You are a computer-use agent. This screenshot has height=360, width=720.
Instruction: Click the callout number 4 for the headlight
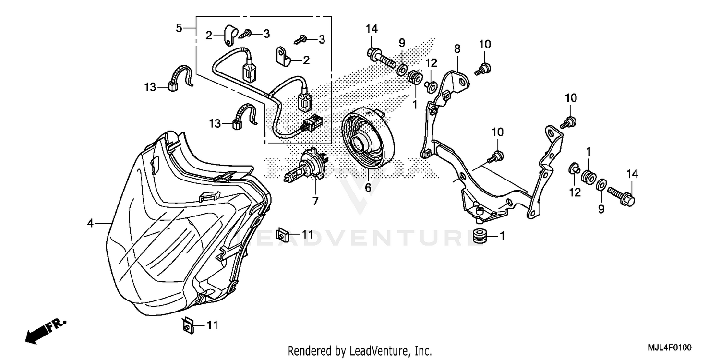90,223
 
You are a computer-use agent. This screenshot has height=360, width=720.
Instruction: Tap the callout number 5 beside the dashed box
179,28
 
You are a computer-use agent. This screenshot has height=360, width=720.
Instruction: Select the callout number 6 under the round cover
368,188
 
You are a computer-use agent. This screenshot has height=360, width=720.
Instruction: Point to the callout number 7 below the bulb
315,202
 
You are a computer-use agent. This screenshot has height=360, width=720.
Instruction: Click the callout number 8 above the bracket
457,48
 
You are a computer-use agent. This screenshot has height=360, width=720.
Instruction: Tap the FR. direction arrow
46,330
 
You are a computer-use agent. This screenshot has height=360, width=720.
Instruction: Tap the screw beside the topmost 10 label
481,69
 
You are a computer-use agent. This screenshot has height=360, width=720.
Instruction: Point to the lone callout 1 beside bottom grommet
502,236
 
